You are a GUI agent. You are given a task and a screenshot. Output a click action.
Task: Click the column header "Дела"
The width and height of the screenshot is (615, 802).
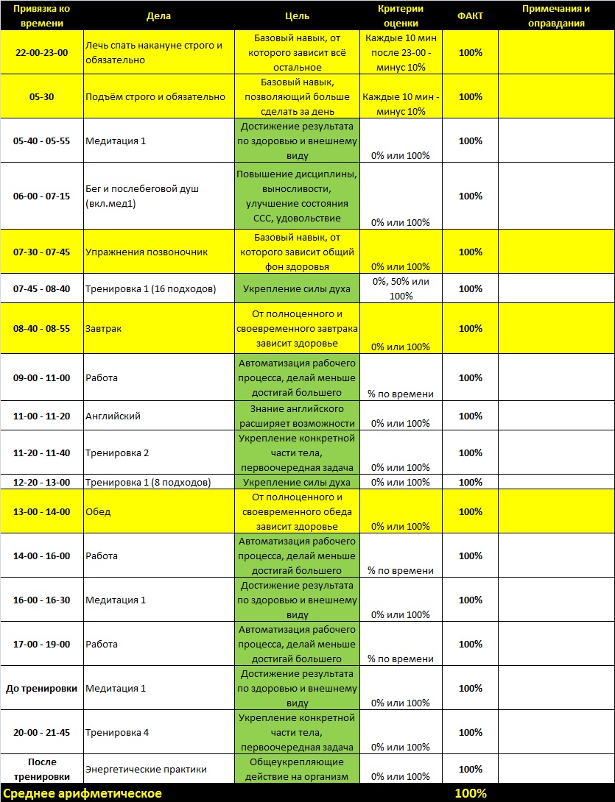[158, 15]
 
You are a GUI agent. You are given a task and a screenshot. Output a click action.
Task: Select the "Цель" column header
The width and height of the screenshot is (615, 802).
[297, 15]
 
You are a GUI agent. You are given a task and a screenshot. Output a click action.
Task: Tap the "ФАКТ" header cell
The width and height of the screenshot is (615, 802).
[470, 15]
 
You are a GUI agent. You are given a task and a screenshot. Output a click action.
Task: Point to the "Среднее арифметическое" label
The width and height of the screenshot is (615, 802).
[82, 794]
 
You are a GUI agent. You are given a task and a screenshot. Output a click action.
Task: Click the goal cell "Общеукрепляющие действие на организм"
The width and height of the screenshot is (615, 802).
[297, 770]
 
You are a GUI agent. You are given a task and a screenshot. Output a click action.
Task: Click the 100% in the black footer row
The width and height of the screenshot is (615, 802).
[470, 794]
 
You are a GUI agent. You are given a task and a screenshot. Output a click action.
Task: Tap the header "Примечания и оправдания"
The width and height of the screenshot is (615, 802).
[556, 15]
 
